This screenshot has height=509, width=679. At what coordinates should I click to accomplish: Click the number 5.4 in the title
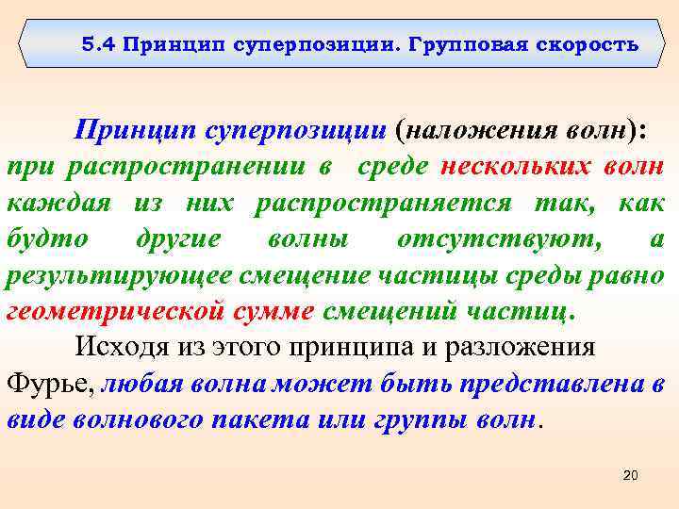[x=95, y=44]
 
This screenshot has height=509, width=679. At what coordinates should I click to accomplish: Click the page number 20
[x=631, y=477]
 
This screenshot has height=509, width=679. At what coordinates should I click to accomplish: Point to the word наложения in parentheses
[x=472, y=131]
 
